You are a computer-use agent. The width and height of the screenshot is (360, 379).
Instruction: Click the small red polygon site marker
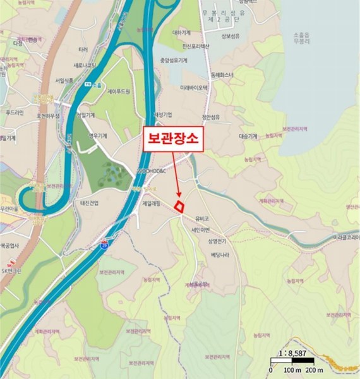[x=179, y=205]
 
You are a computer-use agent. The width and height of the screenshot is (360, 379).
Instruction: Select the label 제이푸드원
[x=117, y=92]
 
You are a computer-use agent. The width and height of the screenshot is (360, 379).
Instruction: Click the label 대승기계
[x=248, y=136]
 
